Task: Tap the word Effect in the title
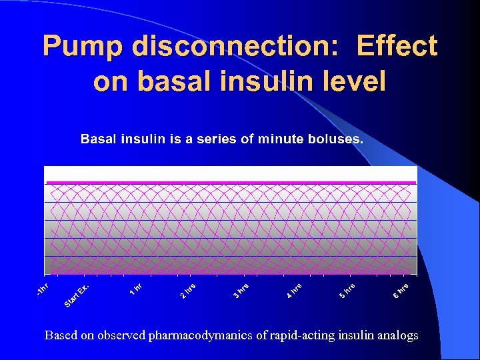pyautogui.click(x=397, y=47)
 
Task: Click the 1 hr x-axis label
pyautogui.click(x=135, y=289)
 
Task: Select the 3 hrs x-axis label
pyautogui.click(x=241, y=291)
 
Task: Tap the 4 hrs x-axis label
pyautogui.click(x=294, y=291)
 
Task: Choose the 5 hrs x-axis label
pyautogui.click(x=347, y=291)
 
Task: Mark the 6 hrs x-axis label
pyautogui.click(x=400, y=291)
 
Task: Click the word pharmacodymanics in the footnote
pyautogui.click(x=208, y=335)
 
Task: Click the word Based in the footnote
pyautogui.click(x=61, y=335)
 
